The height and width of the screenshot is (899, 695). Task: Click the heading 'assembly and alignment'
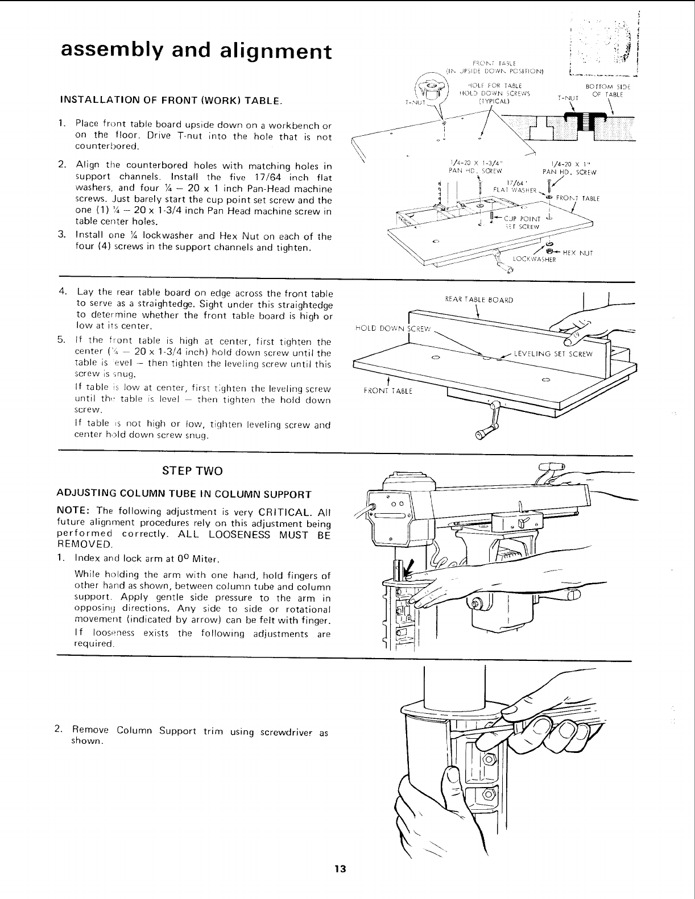[x=196, y=51]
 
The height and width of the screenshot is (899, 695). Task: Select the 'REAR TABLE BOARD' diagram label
[x=479, y=299]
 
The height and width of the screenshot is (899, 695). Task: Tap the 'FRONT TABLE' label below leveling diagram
[x=387, y=391]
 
